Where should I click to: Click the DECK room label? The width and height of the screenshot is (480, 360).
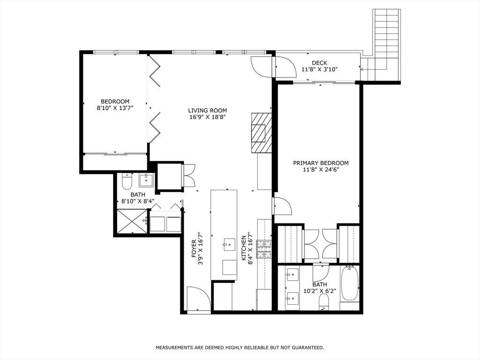click(319, 63)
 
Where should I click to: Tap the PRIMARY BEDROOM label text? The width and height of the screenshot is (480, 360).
click(321, 163)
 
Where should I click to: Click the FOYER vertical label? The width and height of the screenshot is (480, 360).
click(194, 248)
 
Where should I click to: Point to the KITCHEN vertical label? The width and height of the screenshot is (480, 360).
click(244, 248)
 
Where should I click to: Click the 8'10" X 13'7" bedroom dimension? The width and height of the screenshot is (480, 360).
click(115, 108)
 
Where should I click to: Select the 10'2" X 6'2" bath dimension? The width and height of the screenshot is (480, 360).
click(320, 291)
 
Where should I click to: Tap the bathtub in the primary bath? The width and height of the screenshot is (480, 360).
click(349, 284)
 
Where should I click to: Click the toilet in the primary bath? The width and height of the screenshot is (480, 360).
click(323, 301)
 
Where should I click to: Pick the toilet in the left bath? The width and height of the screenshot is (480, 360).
click(127, 180)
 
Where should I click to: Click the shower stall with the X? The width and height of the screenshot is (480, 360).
click(132, 221)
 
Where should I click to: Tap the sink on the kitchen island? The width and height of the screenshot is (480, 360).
click(229, 243)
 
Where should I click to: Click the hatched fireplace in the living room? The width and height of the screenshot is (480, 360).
click(261, 133)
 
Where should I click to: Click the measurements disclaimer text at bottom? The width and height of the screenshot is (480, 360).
click(240, 347)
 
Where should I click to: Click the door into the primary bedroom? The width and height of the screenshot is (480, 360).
click(282, 206)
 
